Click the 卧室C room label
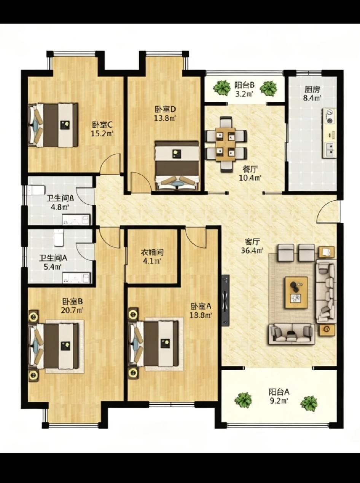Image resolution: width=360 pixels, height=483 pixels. coord(102,125)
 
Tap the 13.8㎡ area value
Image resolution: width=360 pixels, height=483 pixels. coord(165,118)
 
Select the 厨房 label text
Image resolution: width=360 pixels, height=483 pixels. coord(312,90)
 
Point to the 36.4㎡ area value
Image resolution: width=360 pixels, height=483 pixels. coord(252,250)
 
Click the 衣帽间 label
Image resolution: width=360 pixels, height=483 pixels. coord(152,253)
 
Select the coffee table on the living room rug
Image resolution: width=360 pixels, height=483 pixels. coord(296,293)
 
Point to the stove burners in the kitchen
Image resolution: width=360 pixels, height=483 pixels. coord(330,116)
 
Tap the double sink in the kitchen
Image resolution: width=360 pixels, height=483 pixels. coord(330,149)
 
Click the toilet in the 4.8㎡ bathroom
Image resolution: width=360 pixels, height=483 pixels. coord(36,190)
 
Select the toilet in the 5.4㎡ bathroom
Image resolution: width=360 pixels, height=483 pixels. coord(59,237)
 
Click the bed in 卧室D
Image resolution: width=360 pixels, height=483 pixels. coord(177,165)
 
